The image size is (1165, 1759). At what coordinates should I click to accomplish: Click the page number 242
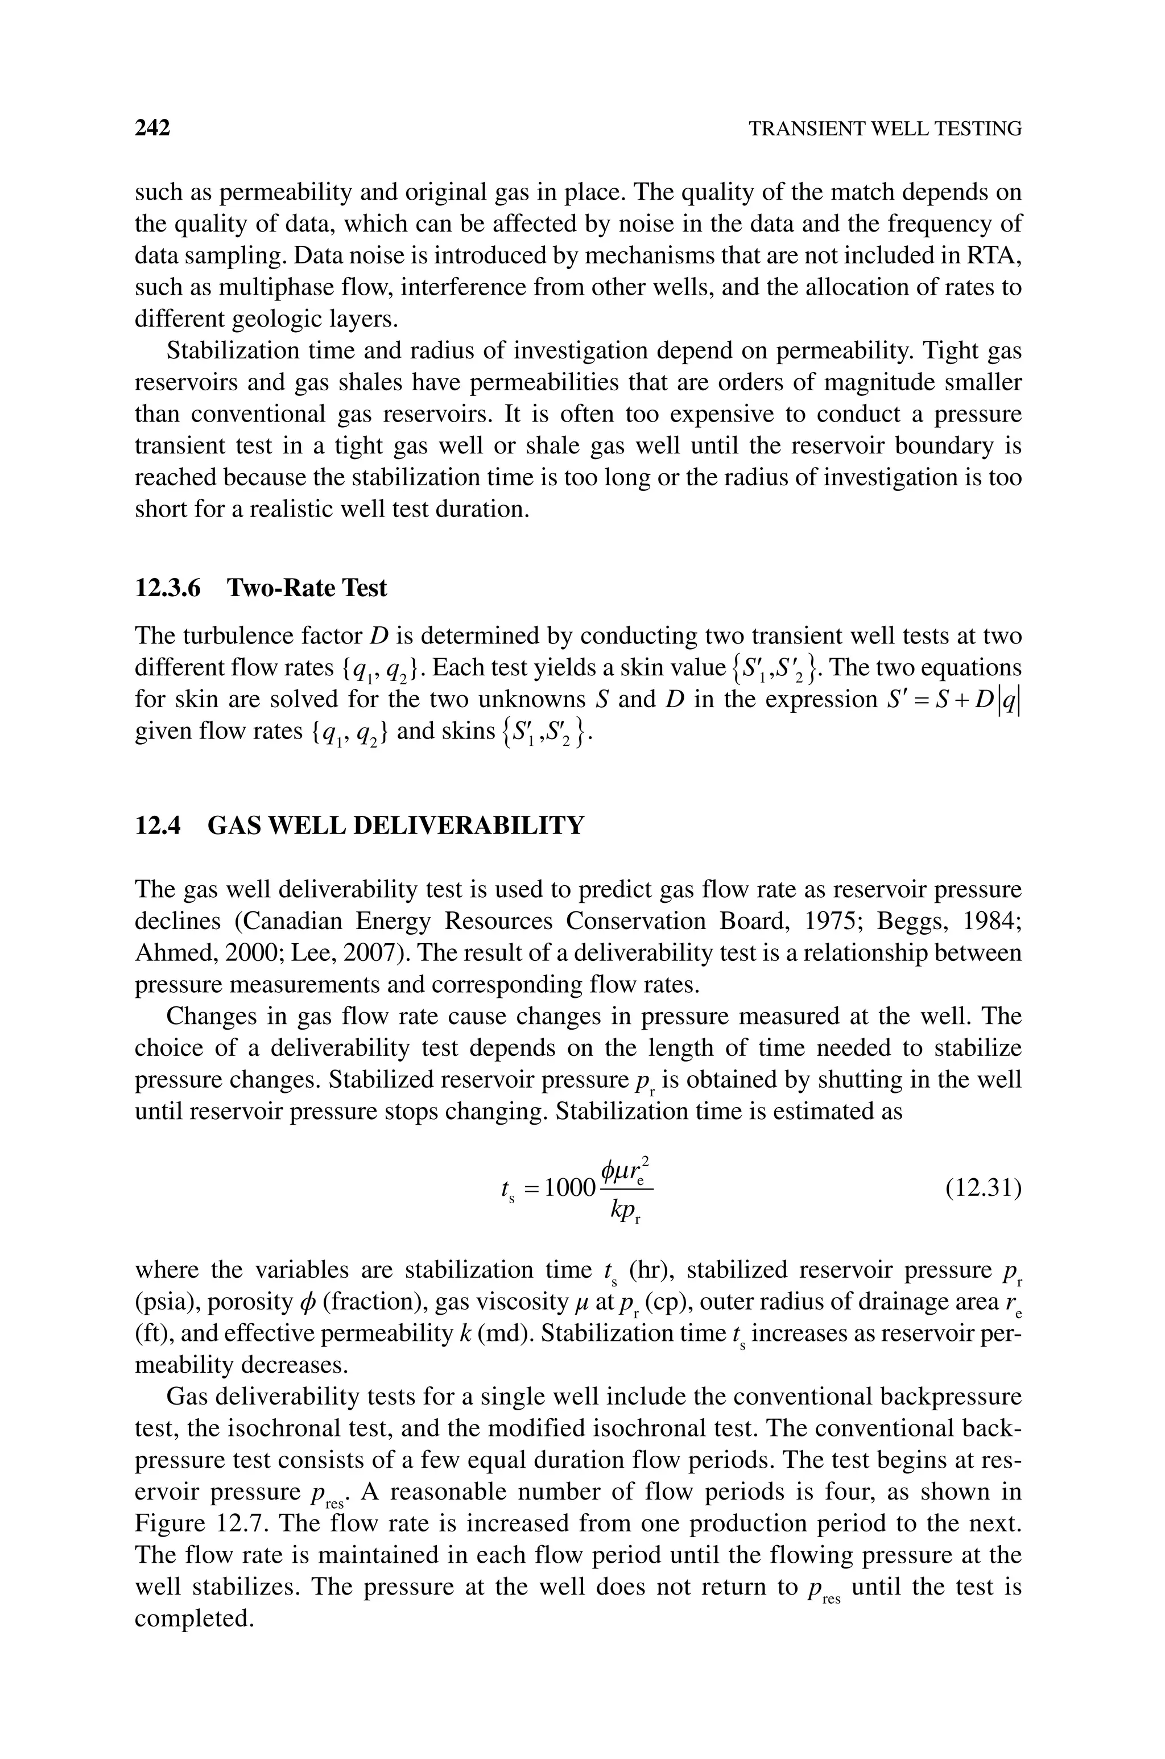point(152,129)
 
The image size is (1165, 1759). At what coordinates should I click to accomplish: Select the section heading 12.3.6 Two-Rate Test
point(261,588)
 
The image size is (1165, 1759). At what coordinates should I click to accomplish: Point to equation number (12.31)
point(983,1188)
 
